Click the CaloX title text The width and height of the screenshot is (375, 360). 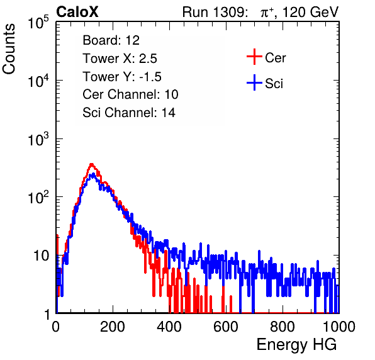pyautogui.click(x=77, y=12)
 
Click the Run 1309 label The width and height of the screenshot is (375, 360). pyautogui.click(x=215, y=12)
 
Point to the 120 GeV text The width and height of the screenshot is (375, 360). pyautogui.click(x=311, y=12)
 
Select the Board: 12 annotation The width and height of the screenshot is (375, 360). pyautogui.click(x=111, y=40)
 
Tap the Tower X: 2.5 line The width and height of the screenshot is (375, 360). pyautogui.click(x=120, y=59)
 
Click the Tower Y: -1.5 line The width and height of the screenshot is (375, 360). pyautogui.click(x=122, y=77)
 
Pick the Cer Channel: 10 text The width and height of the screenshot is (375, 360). pyautogui.click(x=130, y=94)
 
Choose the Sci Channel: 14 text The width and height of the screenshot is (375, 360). pyautogui.click(x=129, y=113)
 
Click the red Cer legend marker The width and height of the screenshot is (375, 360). pyautogui.click(x=254, y=57)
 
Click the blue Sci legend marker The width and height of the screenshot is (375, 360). pyautogui.click(x=254, y=83)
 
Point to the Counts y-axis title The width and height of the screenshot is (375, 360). pyautogui.click(x=9, y=49)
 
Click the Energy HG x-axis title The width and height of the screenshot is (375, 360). pyautogui.click(x=296, y=345)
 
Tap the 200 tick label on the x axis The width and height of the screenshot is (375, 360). pyautogui.click(x=113, y=327)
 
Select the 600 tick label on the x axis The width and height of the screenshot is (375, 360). pyautogui.click(x=226, y=327)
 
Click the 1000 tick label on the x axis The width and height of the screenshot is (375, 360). pyautogui.click(x=339, y=327)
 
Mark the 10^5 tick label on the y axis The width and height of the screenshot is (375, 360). pyautogui.click(x=38, y=22)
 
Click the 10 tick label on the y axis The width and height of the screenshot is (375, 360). pyautogui.click(x=41, y=256)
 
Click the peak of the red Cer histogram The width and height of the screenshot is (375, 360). pyautogui.click(x=91, y=164)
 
